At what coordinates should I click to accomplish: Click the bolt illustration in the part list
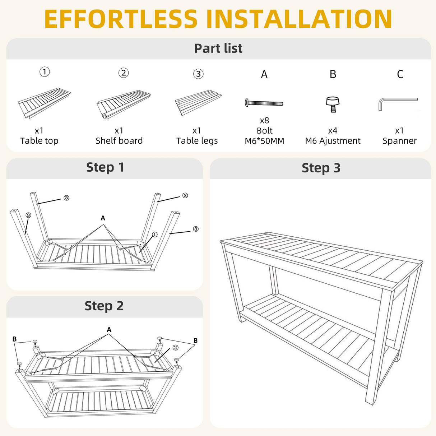tap(264, 103)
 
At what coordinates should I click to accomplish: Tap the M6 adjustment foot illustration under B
tap(333, 104)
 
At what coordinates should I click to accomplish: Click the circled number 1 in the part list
tap(45, 72)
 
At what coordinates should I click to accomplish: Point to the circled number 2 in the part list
tap(124, 73)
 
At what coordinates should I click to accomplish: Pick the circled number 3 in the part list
tap(198, 74)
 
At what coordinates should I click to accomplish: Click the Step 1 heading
tap(105, 168)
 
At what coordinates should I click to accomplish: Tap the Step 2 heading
tap(104, 306)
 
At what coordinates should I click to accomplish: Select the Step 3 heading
tap(321, 168)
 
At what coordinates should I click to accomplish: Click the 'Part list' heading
tap(218, 48)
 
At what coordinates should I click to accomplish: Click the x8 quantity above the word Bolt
tap(264, 120)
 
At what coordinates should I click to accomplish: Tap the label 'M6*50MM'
tap(264, 141)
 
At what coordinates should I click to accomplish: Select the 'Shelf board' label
tap(119, 140)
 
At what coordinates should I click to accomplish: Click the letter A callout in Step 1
tap(103, 218)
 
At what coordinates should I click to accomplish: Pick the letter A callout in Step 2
tap(109, 330)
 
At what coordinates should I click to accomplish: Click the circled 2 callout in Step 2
tap(175, 348)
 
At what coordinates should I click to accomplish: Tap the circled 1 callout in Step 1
tap(154, 235)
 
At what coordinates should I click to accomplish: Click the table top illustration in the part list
tap(44, 103)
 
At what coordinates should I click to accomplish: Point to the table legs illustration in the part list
tap(198, 102)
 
